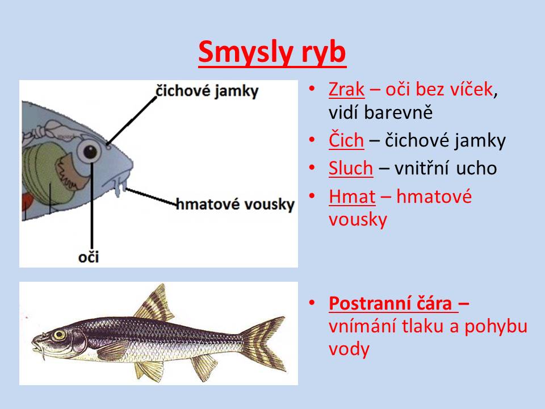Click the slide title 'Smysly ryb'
272,52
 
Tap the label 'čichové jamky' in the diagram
207,91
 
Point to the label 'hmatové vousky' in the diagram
235,204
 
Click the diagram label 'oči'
89,257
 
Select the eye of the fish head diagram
90,151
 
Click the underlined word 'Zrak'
346,89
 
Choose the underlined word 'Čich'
346,140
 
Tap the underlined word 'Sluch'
351,168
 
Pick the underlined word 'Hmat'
352,197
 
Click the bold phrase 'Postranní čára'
391,303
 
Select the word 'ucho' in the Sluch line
476,168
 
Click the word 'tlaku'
423,326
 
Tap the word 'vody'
349,349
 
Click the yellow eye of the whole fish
59,335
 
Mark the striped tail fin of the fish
263,343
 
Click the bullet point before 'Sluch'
312,168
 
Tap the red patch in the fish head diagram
27,202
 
